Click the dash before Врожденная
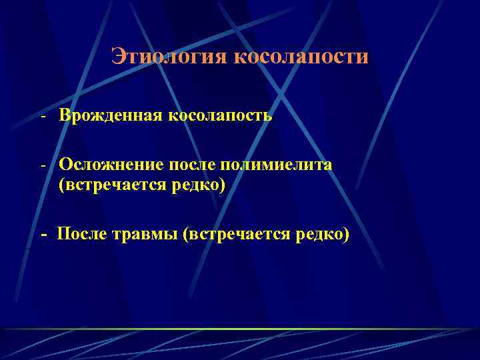(42, 117)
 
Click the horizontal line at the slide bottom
(240, 329)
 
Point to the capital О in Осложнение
(65, 164)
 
